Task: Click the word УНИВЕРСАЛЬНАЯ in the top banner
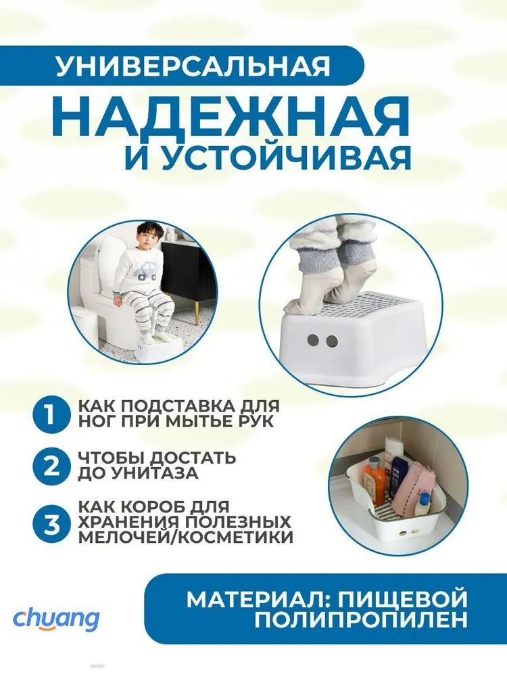pyautogui.click(x=193, y=66)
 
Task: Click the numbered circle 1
pyautogui.click(x=51, y=415)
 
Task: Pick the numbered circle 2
pyautogui.click(x=51, y=466)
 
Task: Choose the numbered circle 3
pyautogui.click(x=51, y=525)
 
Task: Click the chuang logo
pyautogui.click(x=56, y=620)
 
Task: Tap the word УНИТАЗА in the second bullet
pyautogui.click(x=153, y=474)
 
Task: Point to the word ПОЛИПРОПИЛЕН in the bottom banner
pyautogui.click(x=360, y=619)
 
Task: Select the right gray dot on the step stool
pyautogui.click(x=331, y=341)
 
